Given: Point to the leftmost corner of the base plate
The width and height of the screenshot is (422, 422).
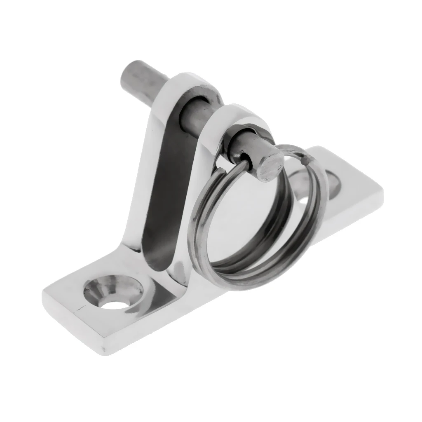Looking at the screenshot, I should pos(43,295).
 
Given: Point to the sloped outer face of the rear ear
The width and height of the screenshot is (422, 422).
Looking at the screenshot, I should pos(144,173).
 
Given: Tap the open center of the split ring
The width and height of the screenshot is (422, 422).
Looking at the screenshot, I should pos(247,218).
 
